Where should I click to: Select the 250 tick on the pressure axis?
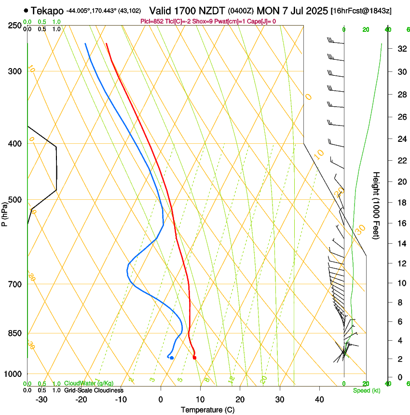(15, 25)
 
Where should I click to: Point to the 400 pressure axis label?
(15, 144)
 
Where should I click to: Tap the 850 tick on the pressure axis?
(15, 333)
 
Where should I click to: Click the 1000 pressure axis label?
(14, 374)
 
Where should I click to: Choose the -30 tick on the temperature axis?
(41, 400)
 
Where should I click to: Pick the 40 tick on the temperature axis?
(319, 400)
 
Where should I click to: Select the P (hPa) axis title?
(5, 212)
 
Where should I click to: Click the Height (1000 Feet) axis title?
(376, 205)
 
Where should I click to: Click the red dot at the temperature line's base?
(194, 358)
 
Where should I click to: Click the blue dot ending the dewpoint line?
(172, 358)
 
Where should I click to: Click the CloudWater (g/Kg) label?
(89, 384)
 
